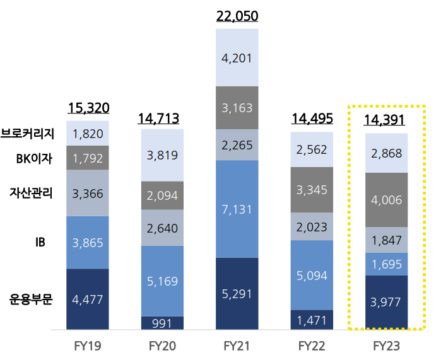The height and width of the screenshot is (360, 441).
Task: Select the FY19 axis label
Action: pos(88,346)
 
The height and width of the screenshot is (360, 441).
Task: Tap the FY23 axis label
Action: pos(387,346)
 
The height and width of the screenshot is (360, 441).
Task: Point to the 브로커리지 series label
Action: pos(28,134)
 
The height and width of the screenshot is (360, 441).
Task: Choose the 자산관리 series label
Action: pos(30,193)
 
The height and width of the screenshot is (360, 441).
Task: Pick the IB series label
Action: pos(41,242)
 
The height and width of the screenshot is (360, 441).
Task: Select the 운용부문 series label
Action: pos(30,299)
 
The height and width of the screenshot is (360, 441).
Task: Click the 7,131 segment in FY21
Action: pos(237,209)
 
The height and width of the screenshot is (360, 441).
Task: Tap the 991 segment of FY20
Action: pos(163,322)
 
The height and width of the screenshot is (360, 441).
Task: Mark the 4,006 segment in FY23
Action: pos(387,200)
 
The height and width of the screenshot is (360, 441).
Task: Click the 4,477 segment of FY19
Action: pos(88,299)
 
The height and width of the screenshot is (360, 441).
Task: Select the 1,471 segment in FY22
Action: pos(312,320)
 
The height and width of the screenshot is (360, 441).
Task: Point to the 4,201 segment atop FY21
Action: pos(237,58)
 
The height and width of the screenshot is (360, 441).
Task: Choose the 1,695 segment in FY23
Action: pos(387,264)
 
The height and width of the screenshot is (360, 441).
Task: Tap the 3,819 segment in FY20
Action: pos(163,155)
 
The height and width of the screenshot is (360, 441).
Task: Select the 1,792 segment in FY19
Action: pos(88,158)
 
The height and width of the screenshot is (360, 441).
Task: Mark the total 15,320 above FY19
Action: pos(88,108)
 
